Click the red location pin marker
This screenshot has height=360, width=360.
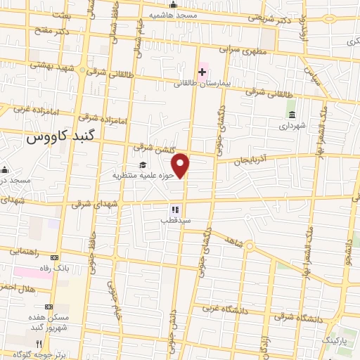[181, 165]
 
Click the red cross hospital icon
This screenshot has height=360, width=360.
[202, 72]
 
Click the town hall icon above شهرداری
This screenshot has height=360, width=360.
[291, 115]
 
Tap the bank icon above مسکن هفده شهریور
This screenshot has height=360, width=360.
[49, 307]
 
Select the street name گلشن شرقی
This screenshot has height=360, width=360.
[151, 148]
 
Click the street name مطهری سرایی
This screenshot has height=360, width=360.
[239, 51]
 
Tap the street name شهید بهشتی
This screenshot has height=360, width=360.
[49, 64]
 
